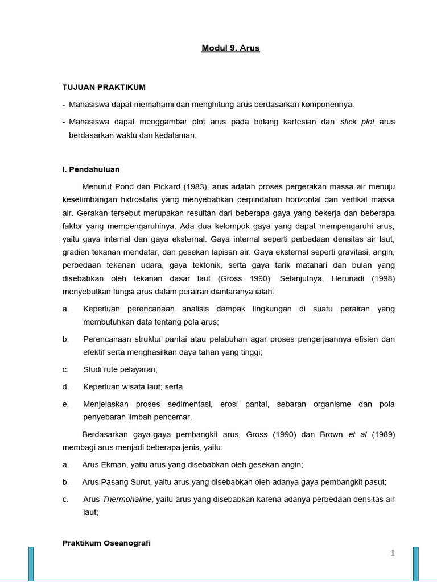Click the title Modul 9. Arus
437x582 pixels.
230,48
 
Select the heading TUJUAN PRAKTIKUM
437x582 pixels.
104,87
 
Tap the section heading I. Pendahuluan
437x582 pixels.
91,169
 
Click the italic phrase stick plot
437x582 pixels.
357,122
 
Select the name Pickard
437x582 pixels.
162,187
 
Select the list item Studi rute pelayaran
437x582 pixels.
120,369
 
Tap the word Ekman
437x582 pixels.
114,464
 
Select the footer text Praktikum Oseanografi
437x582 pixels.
106,543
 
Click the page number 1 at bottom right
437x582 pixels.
393,553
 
